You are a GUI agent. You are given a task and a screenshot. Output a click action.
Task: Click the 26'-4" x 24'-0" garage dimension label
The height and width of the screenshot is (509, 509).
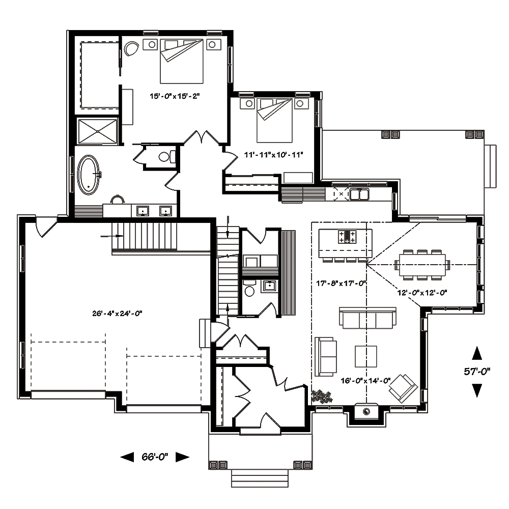pos(117,314)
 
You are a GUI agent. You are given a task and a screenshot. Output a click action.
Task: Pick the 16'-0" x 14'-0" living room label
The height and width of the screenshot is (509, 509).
pos(366,380)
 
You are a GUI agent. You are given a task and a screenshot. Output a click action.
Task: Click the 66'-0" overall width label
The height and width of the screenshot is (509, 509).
pos(155,457)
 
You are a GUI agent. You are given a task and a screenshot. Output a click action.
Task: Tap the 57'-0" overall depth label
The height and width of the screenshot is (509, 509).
pos(476,372)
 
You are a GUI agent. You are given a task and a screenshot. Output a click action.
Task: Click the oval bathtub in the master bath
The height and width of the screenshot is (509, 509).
pos(89,175)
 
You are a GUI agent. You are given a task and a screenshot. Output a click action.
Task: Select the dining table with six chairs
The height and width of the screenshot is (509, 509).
pos(422,264)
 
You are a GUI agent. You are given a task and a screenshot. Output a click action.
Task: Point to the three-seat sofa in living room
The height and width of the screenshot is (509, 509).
pos(367,319)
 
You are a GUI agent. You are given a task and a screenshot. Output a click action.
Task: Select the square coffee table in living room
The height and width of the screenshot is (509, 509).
pos(365,356)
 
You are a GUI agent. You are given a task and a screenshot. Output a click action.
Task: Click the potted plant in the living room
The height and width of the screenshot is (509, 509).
pos(322,396)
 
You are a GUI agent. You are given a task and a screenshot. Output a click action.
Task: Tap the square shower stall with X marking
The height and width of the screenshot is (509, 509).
pos(97,130)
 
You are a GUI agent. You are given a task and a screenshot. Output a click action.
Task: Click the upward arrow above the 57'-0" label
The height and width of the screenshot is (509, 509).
pos(477,353)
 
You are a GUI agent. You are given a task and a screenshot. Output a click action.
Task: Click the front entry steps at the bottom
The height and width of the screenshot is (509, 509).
pos(260,478)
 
